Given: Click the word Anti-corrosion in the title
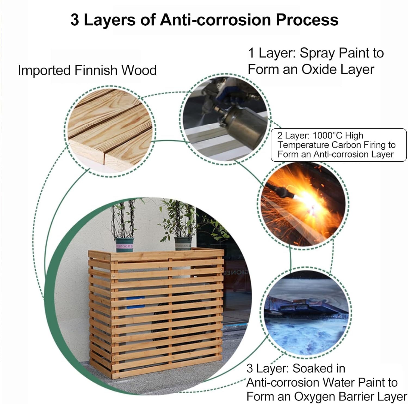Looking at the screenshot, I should [215, 20].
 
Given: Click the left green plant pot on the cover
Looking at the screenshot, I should [124, 244].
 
